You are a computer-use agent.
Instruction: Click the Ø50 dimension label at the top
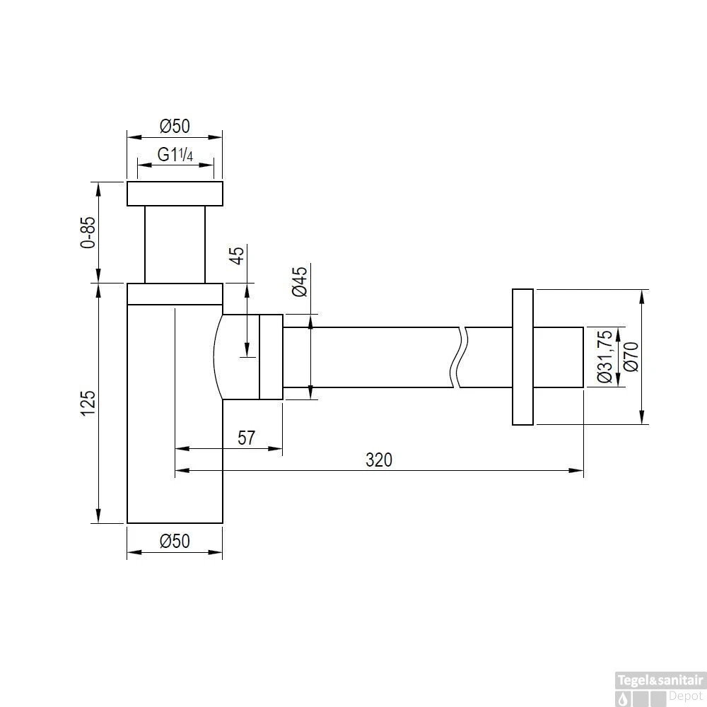(x=175, y=127)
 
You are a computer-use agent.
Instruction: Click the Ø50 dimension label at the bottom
(x=175, y=542)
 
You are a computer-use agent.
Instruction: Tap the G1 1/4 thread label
(x=175, y=155)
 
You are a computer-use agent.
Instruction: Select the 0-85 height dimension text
(x=88, y=232)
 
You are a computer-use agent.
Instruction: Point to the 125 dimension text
(x=88, y=403)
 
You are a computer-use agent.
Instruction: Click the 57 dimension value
(x=245, y=438)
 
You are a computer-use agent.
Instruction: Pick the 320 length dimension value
(x=378, y=460)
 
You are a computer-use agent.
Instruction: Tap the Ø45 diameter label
(x=299, y=281)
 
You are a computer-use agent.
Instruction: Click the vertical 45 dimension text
(x=238, y=255)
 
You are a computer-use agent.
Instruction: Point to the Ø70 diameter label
(x=631, y=357)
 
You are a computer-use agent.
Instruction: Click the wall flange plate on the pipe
(x=522, y=357)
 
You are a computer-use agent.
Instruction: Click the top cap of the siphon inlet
(x=175, y=194)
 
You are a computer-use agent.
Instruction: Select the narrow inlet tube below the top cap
(x=175, y=244)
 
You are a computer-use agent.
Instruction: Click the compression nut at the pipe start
(x=271, y=357)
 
